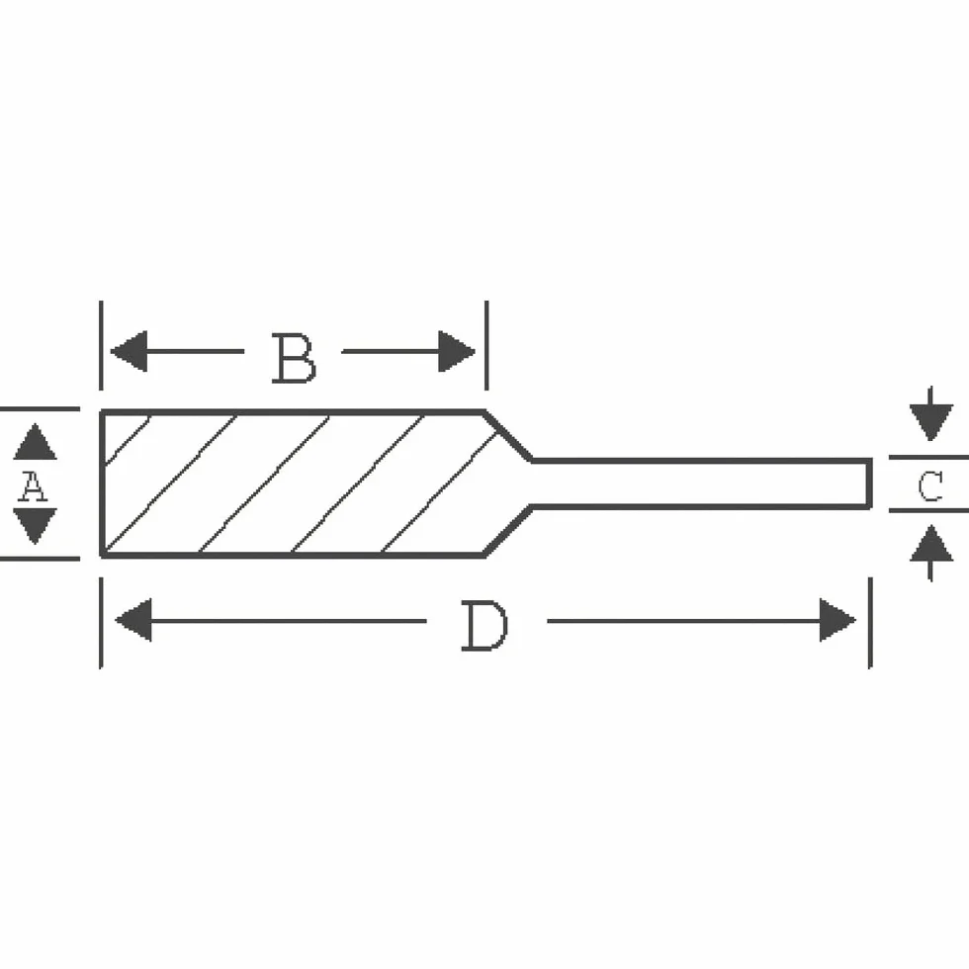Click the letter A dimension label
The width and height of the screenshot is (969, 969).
pyautogui.click(x=33, y=485)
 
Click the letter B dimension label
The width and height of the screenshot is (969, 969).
pyautogui.click(x=294, y=358)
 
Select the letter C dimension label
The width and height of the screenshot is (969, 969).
pyautogui.click(x=930, y=485)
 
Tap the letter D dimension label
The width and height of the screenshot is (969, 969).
pyautogui.click(x=485, y=626)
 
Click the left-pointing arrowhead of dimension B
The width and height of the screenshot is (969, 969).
pyautogui.click(x=129, y=351)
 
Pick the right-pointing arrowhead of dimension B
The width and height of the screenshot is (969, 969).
pyautogui.click(x=457, y=351)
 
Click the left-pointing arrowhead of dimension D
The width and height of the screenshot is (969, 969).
pyautogui.click(x=132, y=620)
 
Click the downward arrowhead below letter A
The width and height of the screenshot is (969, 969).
pyautogui.click(x=36, y=526)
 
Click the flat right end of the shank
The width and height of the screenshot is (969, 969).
pyautogui.click(x=869, y=484)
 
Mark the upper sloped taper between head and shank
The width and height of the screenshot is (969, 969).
pyautogui.click(x=508, y=436)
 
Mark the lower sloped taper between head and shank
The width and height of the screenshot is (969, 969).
pyautogui.click(x=508, y=530)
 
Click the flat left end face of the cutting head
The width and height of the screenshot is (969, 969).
pyautogui.click(x=102, y=484)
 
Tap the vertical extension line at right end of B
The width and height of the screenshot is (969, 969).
pyautogui.click(x=486, y=345)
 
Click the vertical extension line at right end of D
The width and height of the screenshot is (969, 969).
pyautogui.click(x=870, y=623)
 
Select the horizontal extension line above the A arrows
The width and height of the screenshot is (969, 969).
pyautogui.click(x=40, y=408)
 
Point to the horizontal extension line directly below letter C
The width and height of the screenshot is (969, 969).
pyautogui.click(x=928, y=511)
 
